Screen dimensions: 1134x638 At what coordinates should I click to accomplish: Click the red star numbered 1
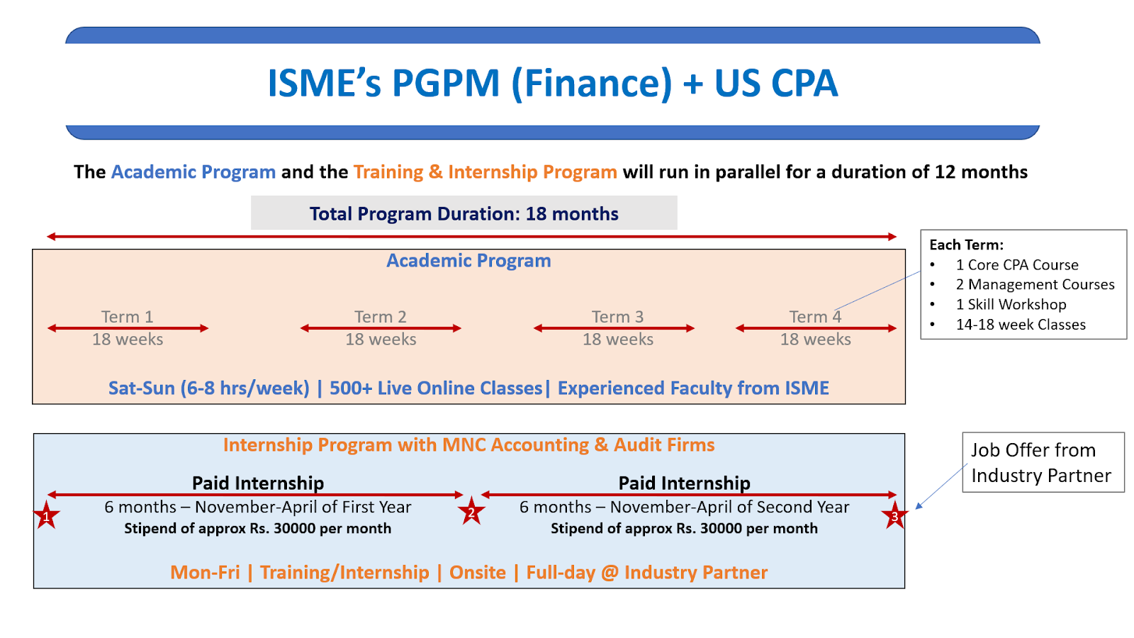pos(47,515)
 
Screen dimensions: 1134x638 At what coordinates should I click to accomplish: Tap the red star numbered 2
pos(471,511)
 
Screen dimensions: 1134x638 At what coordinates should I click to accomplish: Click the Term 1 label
pos(127,316)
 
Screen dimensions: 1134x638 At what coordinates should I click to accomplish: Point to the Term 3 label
pos(617,316)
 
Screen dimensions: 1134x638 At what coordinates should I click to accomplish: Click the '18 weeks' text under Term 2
pos(381,340)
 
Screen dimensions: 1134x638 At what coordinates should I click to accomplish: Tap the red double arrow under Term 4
pos(816,328)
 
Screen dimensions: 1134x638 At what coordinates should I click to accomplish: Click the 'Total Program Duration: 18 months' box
pos(464,213)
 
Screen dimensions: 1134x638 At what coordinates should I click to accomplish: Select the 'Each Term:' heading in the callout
pos(966,245)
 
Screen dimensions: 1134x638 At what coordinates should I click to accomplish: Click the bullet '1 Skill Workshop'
pos(1011,304)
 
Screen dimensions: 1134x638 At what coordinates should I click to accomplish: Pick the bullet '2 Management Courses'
pos(1035,284)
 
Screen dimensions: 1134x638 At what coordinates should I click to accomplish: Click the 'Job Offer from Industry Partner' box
pos(1043,462)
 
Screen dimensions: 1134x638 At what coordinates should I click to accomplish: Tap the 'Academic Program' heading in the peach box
pos(468,260)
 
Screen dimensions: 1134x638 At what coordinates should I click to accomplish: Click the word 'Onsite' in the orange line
pos(478,572)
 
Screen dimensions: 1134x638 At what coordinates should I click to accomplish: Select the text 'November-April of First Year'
pos(303,507)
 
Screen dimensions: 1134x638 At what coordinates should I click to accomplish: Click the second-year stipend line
pos(684,528)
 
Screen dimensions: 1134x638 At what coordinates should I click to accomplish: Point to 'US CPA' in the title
pos(775,83)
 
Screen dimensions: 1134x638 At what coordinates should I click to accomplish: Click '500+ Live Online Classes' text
pos(436,388)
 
